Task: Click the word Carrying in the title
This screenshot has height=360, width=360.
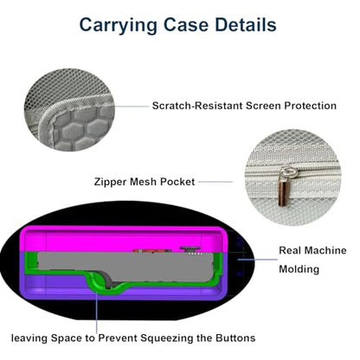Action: pyautogui.click(x=118, y=26)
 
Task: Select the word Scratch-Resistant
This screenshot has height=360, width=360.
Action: pyautogui.click(x=197, y=106)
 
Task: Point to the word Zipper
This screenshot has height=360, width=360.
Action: pyautogui.click(x=110, y=182)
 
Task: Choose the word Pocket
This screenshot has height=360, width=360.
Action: pyautogui.click(x=177, y=182)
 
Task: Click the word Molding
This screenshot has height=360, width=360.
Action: pyautogui.click(x=299, y=269)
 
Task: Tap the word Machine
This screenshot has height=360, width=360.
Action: pyautogui.click(x=325, y=250)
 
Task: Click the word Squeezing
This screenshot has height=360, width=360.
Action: pyautogui.click(x=167, y=338)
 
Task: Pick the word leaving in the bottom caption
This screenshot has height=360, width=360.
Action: pyautogui.click(x=29, y=338)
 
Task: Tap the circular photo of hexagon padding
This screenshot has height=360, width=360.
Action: pyautogui.click(x=69, y=110)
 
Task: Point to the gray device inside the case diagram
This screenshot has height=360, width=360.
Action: pyautogui.click(x=127, y=267)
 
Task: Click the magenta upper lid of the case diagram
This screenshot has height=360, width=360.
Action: pyautogui.click(x=123, y=240)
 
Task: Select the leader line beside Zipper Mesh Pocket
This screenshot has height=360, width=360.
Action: pyautogui.click(x=215, y=182)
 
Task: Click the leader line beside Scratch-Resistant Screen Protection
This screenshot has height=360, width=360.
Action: pyautogui.click(x=132, y=106)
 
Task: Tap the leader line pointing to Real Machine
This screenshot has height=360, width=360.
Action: pyautogui.click(x=257, y=260)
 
